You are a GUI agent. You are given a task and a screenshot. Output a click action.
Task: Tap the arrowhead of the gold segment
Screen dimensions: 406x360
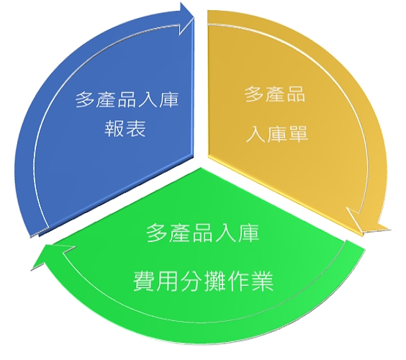(368, 222)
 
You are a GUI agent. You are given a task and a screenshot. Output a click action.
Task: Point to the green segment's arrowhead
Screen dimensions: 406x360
(52, 256)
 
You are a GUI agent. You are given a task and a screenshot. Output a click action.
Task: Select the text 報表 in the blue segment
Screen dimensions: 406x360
(125, 128)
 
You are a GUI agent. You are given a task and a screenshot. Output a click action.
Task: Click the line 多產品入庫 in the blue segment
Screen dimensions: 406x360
(127, 99)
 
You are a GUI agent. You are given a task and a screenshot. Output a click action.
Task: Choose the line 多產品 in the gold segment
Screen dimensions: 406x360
(275, 94)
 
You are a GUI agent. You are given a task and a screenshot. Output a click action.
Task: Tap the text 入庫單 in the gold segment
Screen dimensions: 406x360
(277, 134)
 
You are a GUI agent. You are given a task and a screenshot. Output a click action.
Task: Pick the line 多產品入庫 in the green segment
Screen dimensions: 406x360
(203, 233)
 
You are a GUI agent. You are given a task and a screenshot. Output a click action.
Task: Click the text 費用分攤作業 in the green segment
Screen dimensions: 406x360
(203, 282)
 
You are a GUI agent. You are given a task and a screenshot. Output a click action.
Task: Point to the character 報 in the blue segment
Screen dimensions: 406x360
(114, 128)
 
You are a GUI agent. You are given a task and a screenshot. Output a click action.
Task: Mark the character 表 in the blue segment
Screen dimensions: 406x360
(135, 128)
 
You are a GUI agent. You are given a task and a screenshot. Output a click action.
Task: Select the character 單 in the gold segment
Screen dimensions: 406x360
(298, 134)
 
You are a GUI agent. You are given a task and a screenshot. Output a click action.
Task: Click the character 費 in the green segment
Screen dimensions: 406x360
(145, 282)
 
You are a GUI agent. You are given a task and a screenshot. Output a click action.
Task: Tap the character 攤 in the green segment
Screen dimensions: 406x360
(215, 282)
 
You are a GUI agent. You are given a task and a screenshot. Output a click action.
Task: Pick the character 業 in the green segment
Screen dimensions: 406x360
(262, 282)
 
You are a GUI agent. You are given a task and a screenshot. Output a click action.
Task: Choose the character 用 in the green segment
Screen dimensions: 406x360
(168, 282)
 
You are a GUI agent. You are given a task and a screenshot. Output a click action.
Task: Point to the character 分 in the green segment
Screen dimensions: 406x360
(191, 282)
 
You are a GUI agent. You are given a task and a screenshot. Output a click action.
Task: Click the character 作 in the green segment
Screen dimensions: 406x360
(238, 282)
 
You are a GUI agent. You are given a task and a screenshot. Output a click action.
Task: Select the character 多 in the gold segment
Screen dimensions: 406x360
(255, 94)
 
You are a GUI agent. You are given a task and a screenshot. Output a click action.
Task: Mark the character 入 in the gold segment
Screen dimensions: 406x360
(256, 134)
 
